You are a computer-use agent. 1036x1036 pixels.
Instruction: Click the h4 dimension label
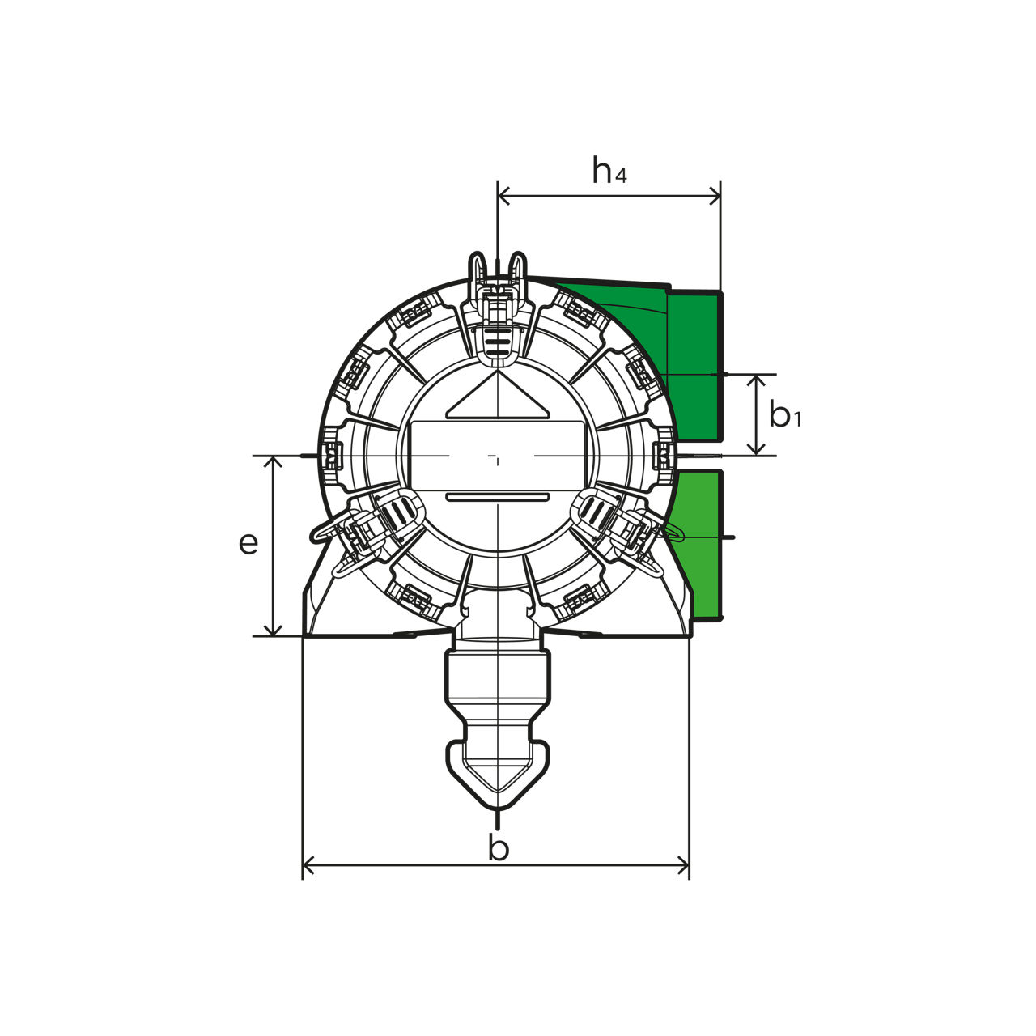point(609,170)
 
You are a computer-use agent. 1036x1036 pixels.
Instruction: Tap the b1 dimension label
point(785,414)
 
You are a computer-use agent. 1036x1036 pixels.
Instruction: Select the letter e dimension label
point(248,544)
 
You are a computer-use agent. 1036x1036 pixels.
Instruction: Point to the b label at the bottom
point(499,848)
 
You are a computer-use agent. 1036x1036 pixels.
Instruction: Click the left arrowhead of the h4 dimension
point(503,196)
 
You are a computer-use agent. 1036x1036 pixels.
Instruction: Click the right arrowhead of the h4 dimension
point(715,196)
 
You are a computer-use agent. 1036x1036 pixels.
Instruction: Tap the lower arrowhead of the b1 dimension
point(757,449)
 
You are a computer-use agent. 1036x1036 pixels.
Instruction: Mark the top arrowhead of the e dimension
point(274,462)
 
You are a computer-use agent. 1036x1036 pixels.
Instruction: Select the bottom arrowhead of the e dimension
point(274,630)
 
